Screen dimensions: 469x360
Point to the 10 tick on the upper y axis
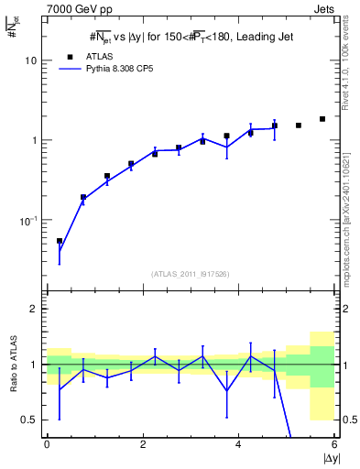click(31, 60)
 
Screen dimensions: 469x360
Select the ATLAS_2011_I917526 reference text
click(190, 274)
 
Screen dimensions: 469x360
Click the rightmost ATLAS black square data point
click(322, 119)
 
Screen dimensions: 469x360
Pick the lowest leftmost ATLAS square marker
click(60, 241)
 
